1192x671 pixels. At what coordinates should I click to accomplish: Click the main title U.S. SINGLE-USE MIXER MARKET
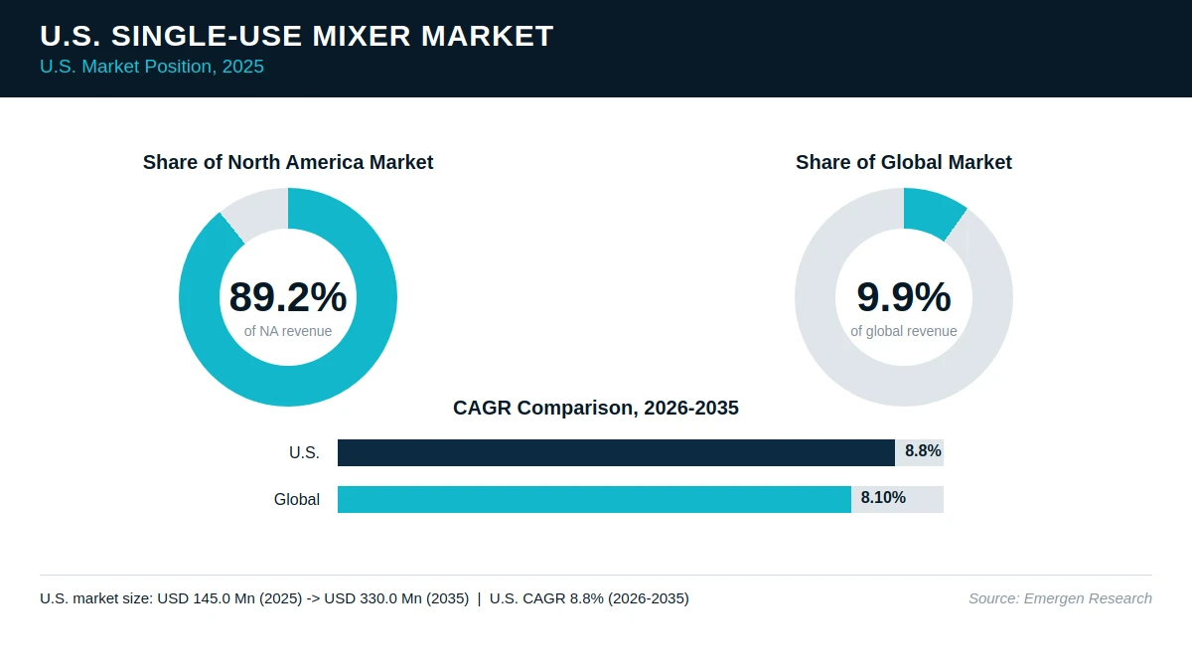click(296, 36)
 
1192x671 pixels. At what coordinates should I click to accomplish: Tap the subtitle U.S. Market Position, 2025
click(152, 67)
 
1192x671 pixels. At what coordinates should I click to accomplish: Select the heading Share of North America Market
click(288, 162)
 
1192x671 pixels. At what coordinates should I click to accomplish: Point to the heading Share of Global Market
click(904, 162)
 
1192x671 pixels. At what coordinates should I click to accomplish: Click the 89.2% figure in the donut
click(288, 296)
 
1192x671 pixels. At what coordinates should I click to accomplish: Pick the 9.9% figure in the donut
click(904, 296)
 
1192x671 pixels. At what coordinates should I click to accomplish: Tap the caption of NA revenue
click(288, 331)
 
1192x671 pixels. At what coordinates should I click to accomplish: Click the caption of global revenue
click(904, 331)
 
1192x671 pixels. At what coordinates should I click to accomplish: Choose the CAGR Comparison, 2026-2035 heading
click(595, 408)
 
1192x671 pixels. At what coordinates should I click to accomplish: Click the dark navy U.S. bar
click(616, 452)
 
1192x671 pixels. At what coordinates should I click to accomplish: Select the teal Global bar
click(594, 499)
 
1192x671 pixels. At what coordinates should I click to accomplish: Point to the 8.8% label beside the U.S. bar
click(923, 451)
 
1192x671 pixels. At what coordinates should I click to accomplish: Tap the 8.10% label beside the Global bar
click(883, 497)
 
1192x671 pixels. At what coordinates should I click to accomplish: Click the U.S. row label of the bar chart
click(304, 452)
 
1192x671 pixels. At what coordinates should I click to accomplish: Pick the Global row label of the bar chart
click(297, 499)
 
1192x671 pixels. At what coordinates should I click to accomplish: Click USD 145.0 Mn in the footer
click(207, 598)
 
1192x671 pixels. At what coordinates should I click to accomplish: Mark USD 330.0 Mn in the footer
click(373, 598)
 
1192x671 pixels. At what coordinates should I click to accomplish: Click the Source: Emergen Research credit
click(1060, 598)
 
